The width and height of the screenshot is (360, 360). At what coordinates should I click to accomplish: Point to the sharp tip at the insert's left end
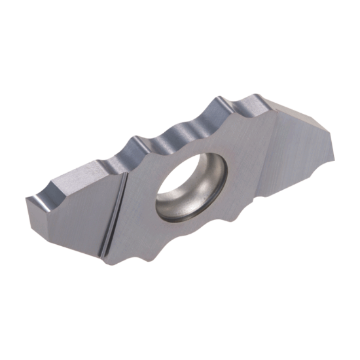point(27,196)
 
